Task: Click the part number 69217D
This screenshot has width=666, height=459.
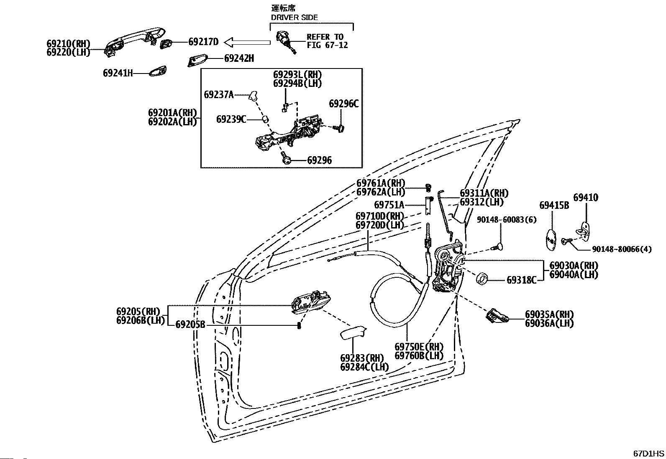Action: [x=203, y=42]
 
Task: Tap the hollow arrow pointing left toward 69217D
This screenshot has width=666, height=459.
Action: [x=247, y=43]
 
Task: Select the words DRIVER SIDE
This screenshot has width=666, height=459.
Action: [x=295, y=18]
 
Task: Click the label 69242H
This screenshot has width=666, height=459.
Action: [x=239, y=58]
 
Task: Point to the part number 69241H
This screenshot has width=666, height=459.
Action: [x=118, y=73]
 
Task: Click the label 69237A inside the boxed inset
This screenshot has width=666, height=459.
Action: [x=219, y=95]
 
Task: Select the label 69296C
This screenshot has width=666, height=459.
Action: [x=344, y=104]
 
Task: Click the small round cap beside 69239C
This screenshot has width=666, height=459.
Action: [x=265, y=119]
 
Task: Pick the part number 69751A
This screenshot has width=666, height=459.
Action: [x=389, y=205]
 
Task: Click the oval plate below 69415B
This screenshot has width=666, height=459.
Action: [x=551, y=240]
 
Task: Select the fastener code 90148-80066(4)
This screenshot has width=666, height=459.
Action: [x=621, y=249]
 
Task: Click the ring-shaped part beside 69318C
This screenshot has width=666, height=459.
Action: [x=482, y=278]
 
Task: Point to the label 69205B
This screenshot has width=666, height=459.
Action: [x=190, y=325]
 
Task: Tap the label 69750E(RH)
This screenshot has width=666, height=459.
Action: [x=419, y=347]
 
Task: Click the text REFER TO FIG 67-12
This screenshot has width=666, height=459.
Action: [x=327, y=41]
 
